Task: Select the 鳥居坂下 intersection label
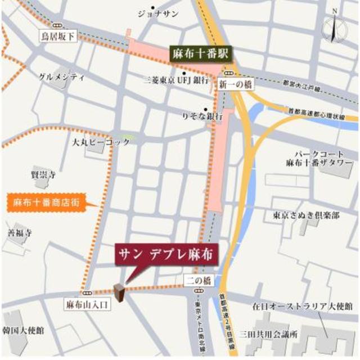58,37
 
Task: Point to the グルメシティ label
62,76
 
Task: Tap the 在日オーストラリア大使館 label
302,307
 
